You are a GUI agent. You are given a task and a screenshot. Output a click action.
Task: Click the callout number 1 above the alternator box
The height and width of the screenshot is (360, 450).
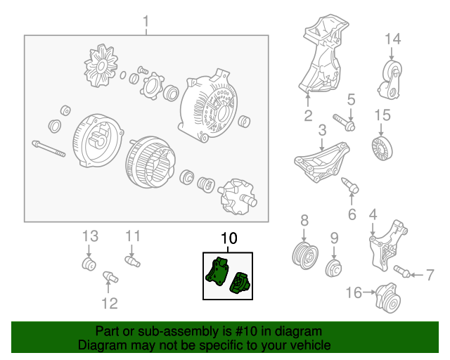(146, 22)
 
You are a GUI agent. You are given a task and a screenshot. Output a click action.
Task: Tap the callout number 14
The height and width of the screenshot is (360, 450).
(392, 39)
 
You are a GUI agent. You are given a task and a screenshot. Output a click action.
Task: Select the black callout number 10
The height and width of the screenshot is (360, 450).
(229, 238)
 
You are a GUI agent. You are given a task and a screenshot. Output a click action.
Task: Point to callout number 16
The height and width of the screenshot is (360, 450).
(354, 292)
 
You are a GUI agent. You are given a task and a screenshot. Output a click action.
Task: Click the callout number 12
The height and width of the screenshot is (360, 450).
(110, 304)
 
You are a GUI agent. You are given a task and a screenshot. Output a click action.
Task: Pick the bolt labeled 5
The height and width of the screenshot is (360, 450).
(344, 122)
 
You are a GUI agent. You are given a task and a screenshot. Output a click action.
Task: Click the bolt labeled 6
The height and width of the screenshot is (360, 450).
(350, 185)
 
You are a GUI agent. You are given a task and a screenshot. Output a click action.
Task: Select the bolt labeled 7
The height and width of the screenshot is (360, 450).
(401, 271)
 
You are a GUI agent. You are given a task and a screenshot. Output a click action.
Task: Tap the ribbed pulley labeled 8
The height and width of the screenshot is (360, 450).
(304, 255)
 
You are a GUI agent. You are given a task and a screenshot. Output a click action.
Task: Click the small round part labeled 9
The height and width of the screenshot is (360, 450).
(333, 268)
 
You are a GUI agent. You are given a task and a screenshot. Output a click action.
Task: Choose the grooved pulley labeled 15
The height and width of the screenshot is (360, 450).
(382, 148)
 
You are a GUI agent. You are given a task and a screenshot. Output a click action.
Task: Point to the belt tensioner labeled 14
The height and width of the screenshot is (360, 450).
(390, 80)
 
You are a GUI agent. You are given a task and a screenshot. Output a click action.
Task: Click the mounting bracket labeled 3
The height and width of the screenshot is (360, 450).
(321, 162)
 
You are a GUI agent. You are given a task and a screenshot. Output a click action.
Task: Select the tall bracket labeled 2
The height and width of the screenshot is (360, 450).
(323, 55)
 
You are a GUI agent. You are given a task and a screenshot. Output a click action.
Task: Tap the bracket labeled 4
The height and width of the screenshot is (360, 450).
(387, 245)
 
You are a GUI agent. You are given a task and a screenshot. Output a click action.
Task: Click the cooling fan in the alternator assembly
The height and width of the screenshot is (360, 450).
(101, 65)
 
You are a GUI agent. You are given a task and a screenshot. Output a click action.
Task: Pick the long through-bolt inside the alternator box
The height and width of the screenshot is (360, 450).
(49, 148)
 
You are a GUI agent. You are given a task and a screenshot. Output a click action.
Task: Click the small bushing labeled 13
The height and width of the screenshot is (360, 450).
(89, 264)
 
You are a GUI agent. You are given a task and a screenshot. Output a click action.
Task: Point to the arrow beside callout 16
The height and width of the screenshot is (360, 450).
(369, 292)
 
